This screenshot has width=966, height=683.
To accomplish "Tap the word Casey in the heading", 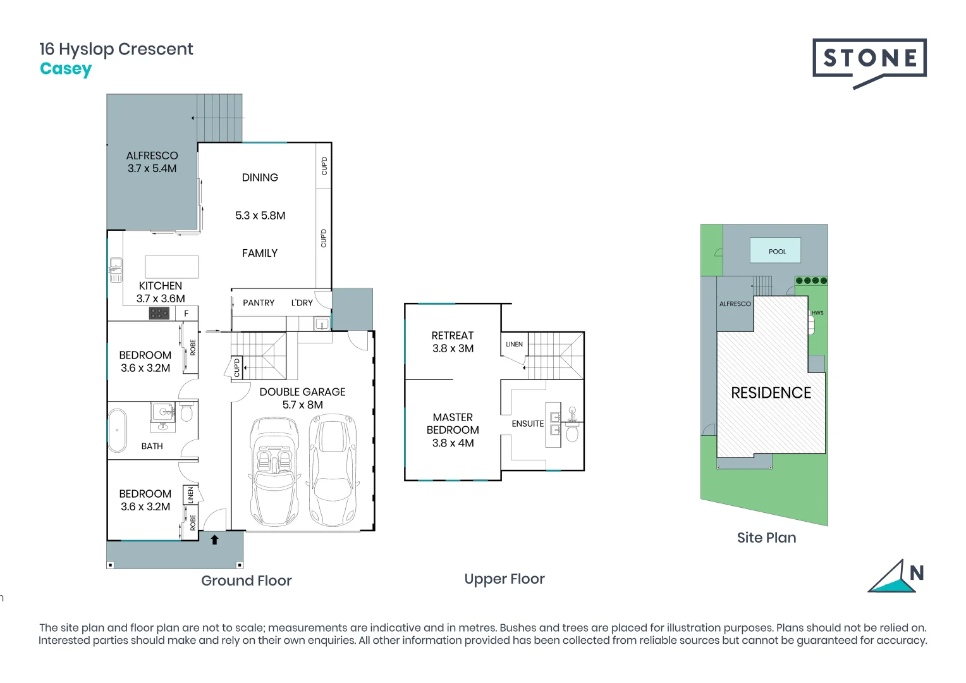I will click(66, 69).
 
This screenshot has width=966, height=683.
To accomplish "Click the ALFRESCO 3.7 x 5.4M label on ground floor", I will click(152, 162).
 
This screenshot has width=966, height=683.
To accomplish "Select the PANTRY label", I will click(259, 303).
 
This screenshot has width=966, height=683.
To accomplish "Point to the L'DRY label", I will click(302, 303).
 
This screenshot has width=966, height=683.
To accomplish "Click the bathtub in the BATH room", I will click(117, 430).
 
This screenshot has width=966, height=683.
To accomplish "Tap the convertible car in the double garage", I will click(274, 471).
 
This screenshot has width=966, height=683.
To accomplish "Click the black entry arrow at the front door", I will click(214, 539).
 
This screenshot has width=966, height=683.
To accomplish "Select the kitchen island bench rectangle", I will click(171, 267).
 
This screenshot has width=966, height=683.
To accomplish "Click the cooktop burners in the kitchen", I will click(159, 313).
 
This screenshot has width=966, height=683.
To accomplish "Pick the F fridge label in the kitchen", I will click(186, 314).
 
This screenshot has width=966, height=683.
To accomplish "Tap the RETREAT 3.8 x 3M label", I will click(453, 342).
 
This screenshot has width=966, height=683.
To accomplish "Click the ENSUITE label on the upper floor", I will click(527, 424).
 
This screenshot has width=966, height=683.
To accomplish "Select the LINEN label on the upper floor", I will click(514, 345).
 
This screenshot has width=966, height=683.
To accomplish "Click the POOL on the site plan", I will click(776, 251).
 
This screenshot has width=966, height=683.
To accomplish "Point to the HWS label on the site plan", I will click(817, 313).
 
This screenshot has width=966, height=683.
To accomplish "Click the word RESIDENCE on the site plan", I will click(771, 393).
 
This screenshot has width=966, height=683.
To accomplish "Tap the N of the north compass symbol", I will click(917, 573).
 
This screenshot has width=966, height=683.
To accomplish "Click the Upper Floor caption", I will click(504, 579).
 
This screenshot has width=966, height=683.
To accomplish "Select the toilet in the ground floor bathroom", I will click(186, 414).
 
